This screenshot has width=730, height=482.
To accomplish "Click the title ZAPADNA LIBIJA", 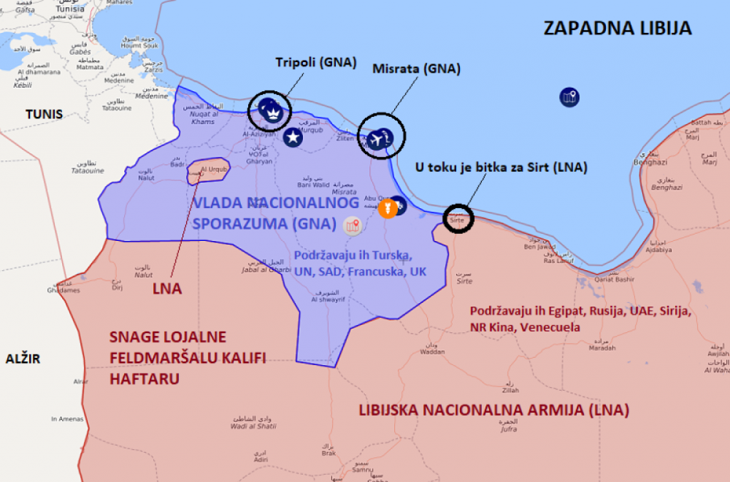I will coord(617,29).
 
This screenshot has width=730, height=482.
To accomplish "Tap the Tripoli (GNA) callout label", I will coord(315,63).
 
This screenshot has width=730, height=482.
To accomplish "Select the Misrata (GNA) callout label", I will coord(416,69).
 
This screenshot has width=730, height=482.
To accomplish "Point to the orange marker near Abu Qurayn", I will coord(387,209).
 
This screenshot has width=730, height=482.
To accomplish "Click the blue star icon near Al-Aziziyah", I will coord(292,138).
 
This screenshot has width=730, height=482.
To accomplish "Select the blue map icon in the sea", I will coord(569,97).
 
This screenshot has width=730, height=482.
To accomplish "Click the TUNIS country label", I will coord(44,114).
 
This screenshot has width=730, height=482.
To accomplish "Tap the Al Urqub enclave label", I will coord(214,170).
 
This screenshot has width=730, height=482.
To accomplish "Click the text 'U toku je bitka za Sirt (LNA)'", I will coord(501,168).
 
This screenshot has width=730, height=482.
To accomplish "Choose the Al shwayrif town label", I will coord(329,299).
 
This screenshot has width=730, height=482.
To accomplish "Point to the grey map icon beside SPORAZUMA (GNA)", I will coord(351,226).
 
